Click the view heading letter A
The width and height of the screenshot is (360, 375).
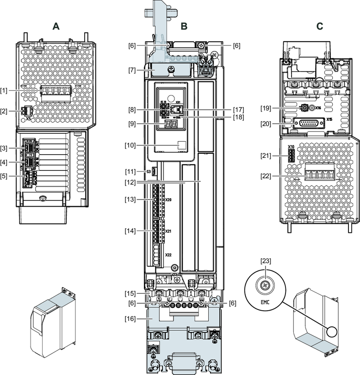click(56, 27)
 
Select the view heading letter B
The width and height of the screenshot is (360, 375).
click(184, 27)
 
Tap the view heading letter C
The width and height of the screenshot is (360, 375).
click(320, 27)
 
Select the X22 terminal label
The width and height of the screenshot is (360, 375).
click(168, 255)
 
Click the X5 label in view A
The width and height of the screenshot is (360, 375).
click(28, 118)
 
